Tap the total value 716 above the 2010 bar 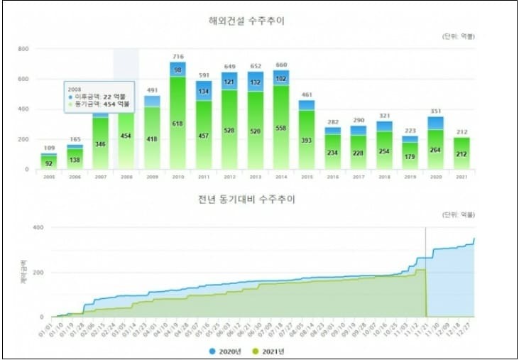177,56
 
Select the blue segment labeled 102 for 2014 282,79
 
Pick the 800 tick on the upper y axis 23,49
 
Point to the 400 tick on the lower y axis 38,227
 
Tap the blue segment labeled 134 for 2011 204,91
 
